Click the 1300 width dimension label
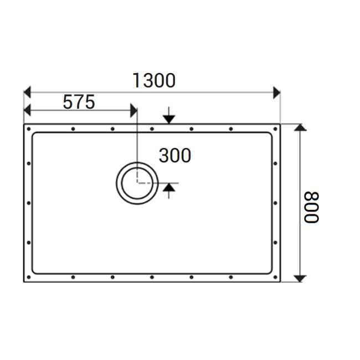(154, 81)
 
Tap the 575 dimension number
(79, 102)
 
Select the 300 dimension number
(174, 156)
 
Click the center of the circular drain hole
(136, 183)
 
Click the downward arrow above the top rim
(169, 119)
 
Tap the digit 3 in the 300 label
(164, 156)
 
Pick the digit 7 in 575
(79, 102)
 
